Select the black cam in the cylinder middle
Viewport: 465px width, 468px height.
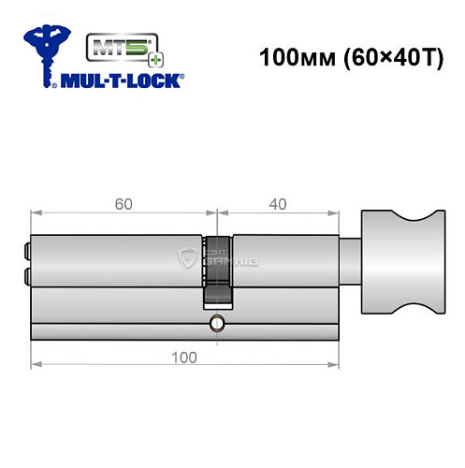click(x=216, y=285)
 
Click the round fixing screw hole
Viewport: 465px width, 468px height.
click(x=216, y=324)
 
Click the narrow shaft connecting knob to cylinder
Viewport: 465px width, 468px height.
click(x=348, y=257)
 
